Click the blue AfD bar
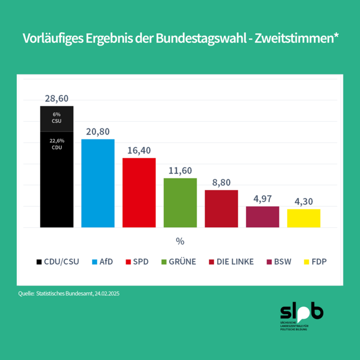click(x=98, y=183)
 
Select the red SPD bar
click(x=139, y=193)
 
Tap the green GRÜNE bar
click(x=180, y=203)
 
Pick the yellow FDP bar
click(x=303, y=218)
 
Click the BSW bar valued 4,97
click(x=262, y=217)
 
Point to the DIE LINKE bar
click(x=221, y=209)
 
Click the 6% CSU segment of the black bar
click(x=57, y=118)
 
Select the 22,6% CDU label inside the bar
click(x=57, y=144)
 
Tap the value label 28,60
click(x=57, y=98)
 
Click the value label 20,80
click(x=98, y=131)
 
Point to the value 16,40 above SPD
click(x=139, y=150)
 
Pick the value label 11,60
click(x=180, y=170)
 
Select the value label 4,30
click(x=303, y=201)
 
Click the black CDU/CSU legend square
click(x=39, y=262)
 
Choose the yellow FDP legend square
click(x=308, y=262)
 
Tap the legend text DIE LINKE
click(x=236, y=262)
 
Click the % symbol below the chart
click(x=180, y=241)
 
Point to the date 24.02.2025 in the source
click(x=103, y=293)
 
